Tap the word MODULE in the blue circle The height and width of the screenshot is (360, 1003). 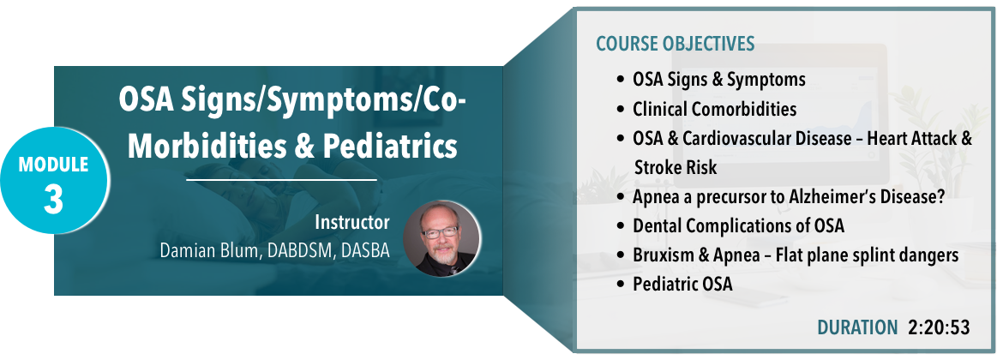[x=53, y=165]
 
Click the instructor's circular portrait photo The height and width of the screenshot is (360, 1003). [x=441, y=238]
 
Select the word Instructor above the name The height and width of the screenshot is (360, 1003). [x=351, y=223]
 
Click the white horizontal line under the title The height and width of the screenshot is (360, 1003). [x=281, y=180]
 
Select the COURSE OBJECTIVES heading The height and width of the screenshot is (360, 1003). [x=676, y=44]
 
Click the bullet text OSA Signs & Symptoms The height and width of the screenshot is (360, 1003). [x=719, y=80]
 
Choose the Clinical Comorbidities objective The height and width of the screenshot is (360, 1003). [x=714, y=110]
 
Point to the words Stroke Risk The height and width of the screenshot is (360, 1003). [x=676, y=167]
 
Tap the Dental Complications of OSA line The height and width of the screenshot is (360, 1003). [x=739, y=225]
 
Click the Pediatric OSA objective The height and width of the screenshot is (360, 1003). [x=682, y=285]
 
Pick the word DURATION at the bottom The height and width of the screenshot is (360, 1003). [x=858, y=327]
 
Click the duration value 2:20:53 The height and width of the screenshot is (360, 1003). [x=939, y=327]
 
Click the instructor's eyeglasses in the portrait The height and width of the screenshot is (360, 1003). [x=439, y=232]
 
